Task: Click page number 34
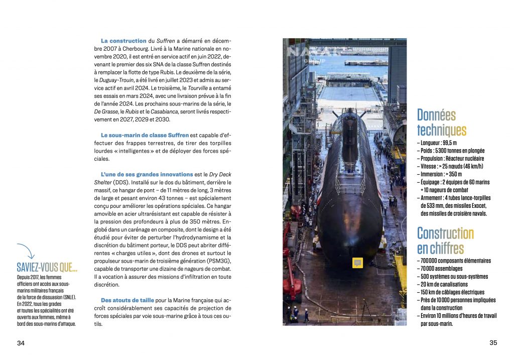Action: point(21,343)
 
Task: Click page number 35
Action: point(493,343)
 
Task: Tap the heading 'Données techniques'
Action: point(441,123)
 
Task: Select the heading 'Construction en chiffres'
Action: point(445,241)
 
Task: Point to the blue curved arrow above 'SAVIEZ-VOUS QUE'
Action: point(27,251)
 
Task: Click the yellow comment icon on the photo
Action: point(357,263)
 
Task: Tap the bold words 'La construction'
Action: point(123,41)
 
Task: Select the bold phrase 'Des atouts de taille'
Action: point(123,300)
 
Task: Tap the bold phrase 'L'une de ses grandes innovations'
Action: point(147,174)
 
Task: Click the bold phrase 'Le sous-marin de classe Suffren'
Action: point(145,135)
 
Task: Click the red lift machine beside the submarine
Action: point(292,271)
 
